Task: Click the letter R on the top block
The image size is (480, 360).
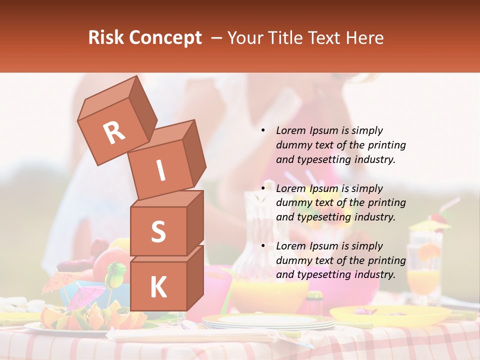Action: (x=114, y=132)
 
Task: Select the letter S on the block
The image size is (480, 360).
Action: (x=158, y=231)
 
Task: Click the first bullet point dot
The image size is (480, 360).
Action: (x=263, y=131)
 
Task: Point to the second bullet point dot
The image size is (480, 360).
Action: (x=263, y=188)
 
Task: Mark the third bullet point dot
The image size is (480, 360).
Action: (x=263, y=246)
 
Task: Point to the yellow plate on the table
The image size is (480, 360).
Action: (x=390, y=315)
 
